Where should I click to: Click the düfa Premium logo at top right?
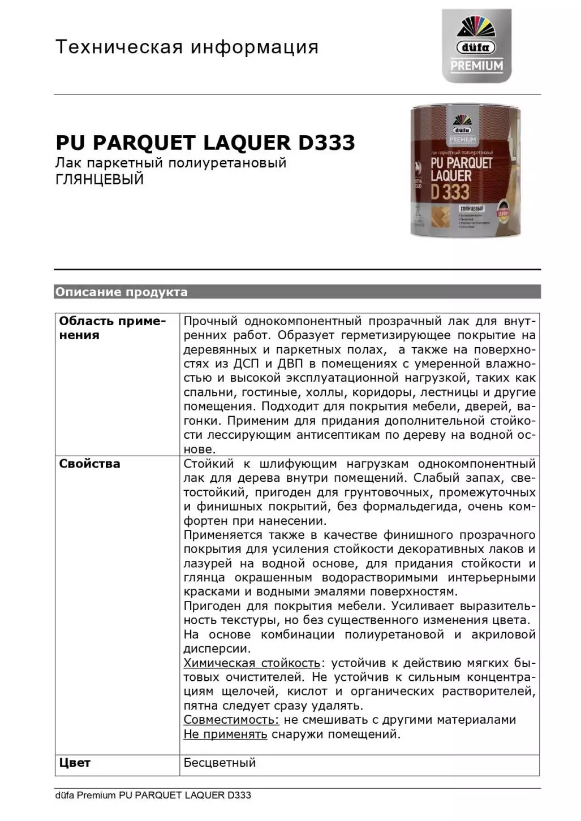pyautogui.click(x=476, y=46)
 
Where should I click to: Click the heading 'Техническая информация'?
pyautogui.click(x=187, y=46)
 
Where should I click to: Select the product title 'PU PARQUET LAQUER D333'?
pyautogui.click(x=205, y=142)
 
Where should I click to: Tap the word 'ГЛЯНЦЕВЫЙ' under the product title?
pyautogui.click(x=100, y=180)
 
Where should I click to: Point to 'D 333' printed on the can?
pyautogui.click(x=450, y=192)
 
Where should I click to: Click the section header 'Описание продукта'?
pyautogui.click(x=121, y=292)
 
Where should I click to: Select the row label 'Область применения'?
pyautogui.click(x=112, y=328)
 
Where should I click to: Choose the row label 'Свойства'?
pyautogui.click(x=89, y=464)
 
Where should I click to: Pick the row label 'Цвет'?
pyautogui.click(x=75, y=763)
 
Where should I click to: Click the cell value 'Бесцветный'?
pyautogui.click(x=220, y=763)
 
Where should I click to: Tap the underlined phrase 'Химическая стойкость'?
pyautogui.click(x=252, y=663)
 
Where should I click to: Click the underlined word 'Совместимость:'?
pyautogui.click(x=231, y=720)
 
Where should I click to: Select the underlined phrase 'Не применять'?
pyautogui.click(x=225, y=734)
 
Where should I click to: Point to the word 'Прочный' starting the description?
pyautogui.click(x=210, y=321)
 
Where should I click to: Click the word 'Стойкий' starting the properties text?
pyautogui.click(x=208, y=464)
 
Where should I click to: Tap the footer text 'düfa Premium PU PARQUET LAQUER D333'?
pyautogui.click(x=153, y=795)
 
